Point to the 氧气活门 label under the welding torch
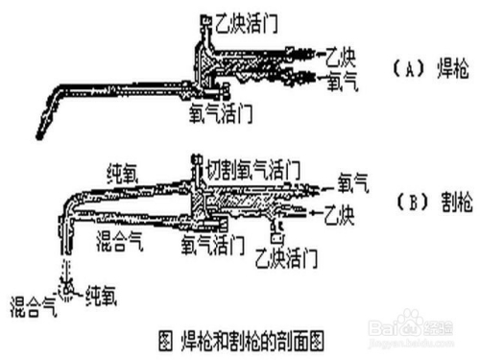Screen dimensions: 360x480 click(x=222, y=112)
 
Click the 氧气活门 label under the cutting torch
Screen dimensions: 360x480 click(x=212, y=245)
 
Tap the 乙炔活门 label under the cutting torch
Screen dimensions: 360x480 click(x=287, y=256)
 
